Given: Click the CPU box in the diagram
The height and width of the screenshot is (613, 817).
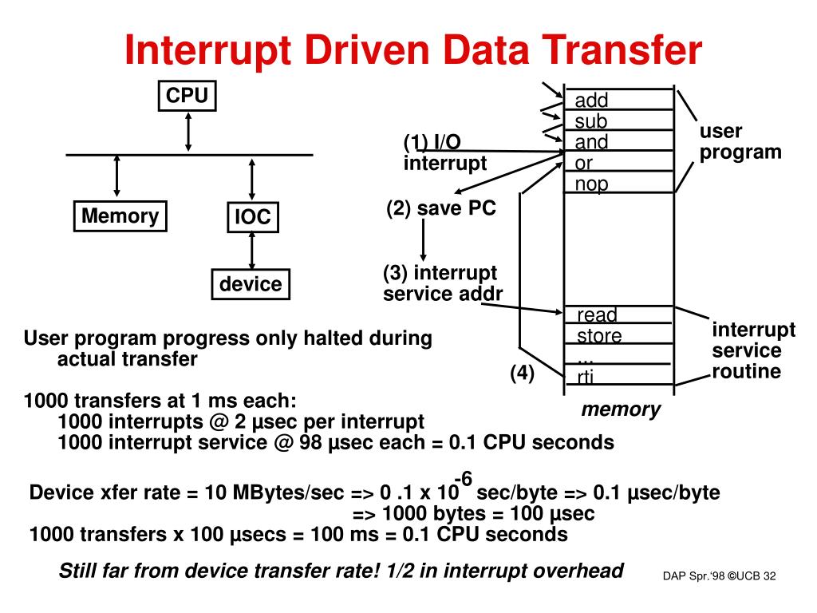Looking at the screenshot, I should pyautogui.click(x=187, y=97).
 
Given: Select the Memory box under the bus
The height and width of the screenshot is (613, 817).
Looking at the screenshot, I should pyautogui.click(x=120, y=216).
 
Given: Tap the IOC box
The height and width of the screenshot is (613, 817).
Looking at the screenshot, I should pyautogui.click(x=252, y=217).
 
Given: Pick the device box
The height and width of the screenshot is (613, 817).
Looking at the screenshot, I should pyautogui.click(x=251, y=284).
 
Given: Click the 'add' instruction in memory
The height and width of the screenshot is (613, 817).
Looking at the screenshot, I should pyautogui.click(x=592, y=100).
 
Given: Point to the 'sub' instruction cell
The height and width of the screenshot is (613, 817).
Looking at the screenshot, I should pyautogui.click(x=591, y=121).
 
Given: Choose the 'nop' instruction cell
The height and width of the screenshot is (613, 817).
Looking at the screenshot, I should pyautogui.click(x=592, y=184).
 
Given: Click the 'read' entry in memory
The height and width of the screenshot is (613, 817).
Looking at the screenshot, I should pyautogui.click(x=597, y=314).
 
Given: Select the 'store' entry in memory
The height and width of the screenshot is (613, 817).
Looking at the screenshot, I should pyautogui.click(x=599, y=335).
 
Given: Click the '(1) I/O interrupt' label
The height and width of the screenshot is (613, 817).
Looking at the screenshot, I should pyautogui.click(x=444, y=152).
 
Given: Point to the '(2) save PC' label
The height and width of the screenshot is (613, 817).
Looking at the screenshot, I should pyautogui.click(x=441, y=208).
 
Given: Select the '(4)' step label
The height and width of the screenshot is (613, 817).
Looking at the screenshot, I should pyautogui.click(x=523, y=373).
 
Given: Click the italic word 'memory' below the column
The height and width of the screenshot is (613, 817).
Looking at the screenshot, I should pyautogui.click(x=621, y=409).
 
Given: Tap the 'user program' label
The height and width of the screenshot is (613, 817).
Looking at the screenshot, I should pyautogui.click(x=740, y=141).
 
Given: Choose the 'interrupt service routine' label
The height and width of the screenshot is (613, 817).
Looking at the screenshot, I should pyautogui.click(x=753, y=350).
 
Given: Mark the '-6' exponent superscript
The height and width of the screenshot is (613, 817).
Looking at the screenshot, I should pyautogui.click(x=464, y=478).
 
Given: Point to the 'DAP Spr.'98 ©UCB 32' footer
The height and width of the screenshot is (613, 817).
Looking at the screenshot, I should pyautogui.click(x=719, y=576).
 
